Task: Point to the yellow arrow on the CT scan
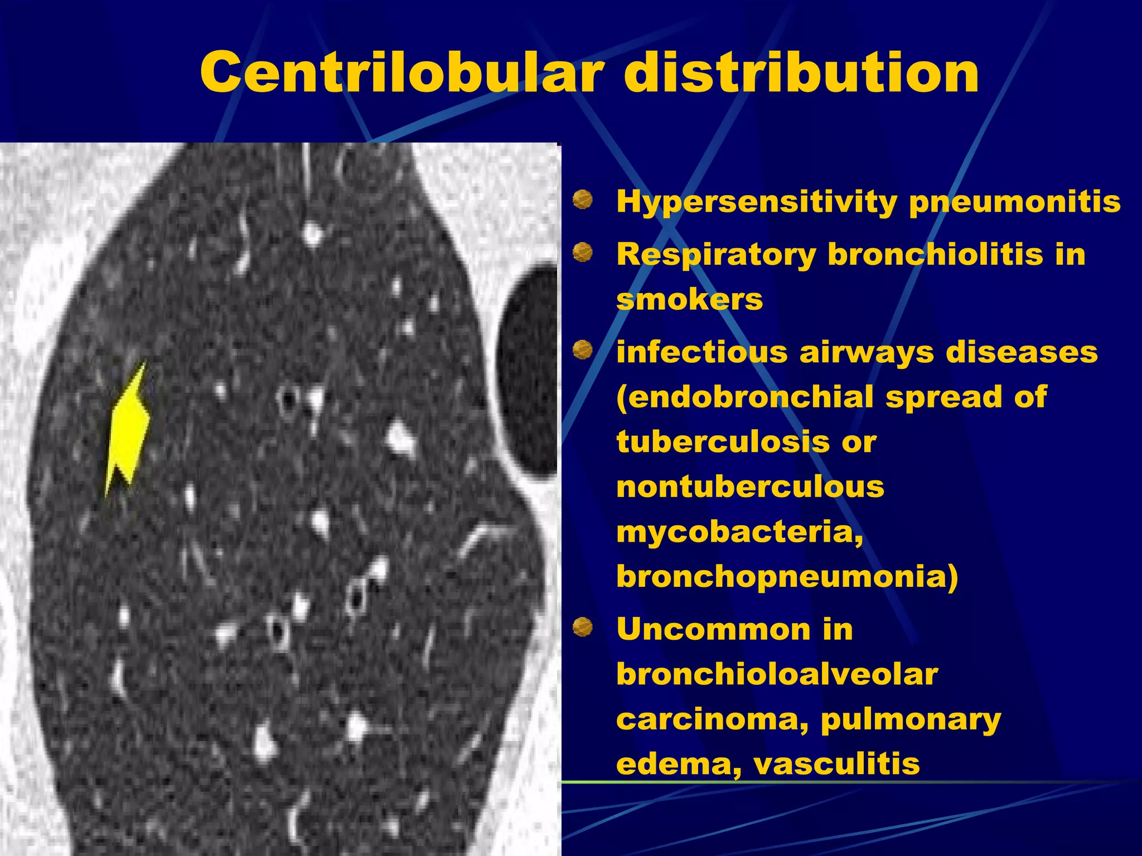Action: pos(128,429)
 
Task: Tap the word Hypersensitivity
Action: pos(756,202)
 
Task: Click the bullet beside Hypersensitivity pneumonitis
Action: pos(583,200)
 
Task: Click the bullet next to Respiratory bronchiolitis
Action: pos(583,252)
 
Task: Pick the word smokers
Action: pos(689,300)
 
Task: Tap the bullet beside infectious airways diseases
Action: pos(583,350)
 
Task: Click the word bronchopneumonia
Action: pos(786,576)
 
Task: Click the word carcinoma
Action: pos(713,719)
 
